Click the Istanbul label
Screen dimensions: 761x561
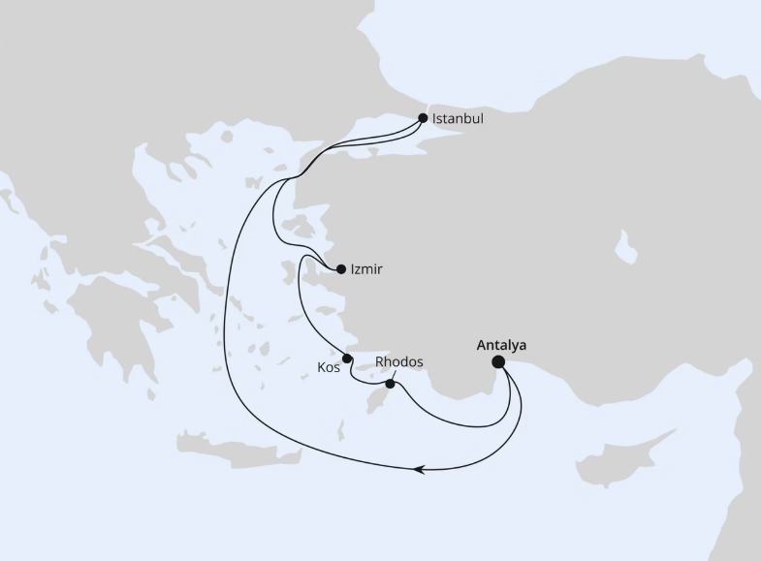[x=458, y=119]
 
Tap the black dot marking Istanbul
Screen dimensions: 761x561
[x=423, y=118]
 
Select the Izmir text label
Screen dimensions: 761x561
[x=365, y=269]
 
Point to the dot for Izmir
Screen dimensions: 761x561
[x=340, y=269]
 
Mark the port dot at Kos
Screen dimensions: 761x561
[x=347, y=358]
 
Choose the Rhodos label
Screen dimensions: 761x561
[x=399, y=362]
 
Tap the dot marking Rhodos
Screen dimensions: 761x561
[x=390, y=385]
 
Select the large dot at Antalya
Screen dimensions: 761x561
[x=498, y=362]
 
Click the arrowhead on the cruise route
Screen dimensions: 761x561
[x=419, y=470]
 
